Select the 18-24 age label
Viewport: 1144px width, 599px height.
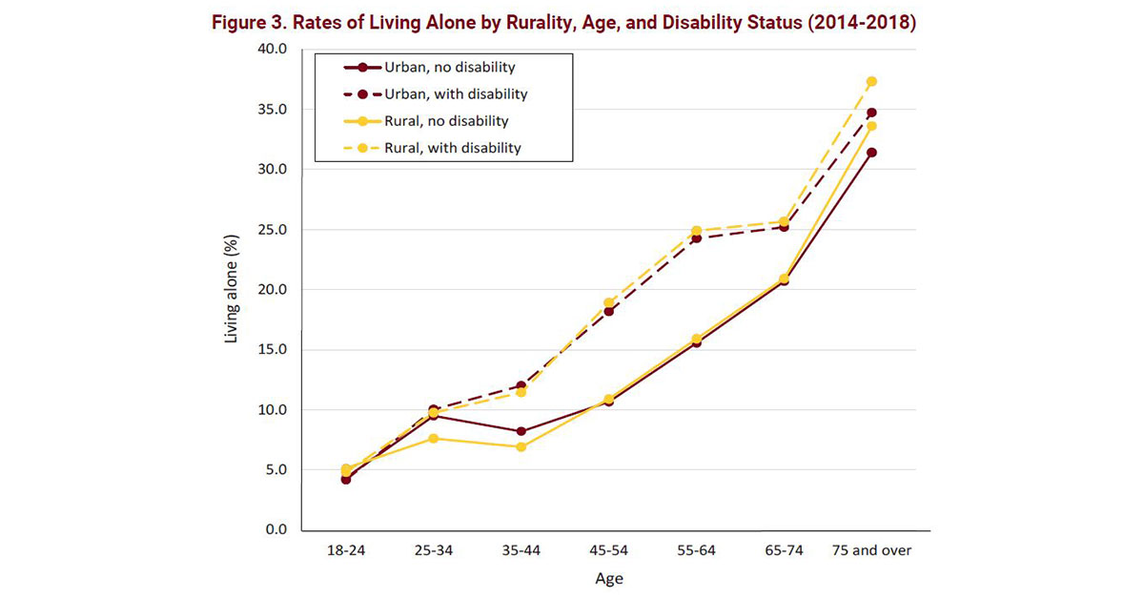(x=345, y=551)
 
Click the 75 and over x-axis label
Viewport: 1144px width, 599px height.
(x=870, y=551)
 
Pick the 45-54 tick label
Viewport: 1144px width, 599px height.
(x=608, y=551)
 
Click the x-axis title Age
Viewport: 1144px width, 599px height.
(x=608, y=578)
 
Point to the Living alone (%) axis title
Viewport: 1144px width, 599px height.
(x=232, y=290)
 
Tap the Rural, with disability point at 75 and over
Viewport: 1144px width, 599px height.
(x=871, y=81)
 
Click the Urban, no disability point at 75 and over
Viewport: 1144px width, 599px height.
(x=871, y=153)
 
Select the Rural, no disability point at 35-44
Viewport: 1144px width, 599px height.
(x=521, y=446)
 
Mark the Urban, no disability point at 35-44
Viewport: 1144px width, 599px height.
(x=521, y=431)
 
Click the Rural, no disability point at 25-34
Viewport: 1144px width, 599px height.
(x=433, y=438)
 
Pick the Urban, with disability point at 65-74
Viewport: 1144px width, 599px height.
(x=784, y=227)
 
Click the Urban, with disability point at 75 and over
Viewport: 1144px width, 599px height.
(x=871, y=113)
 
